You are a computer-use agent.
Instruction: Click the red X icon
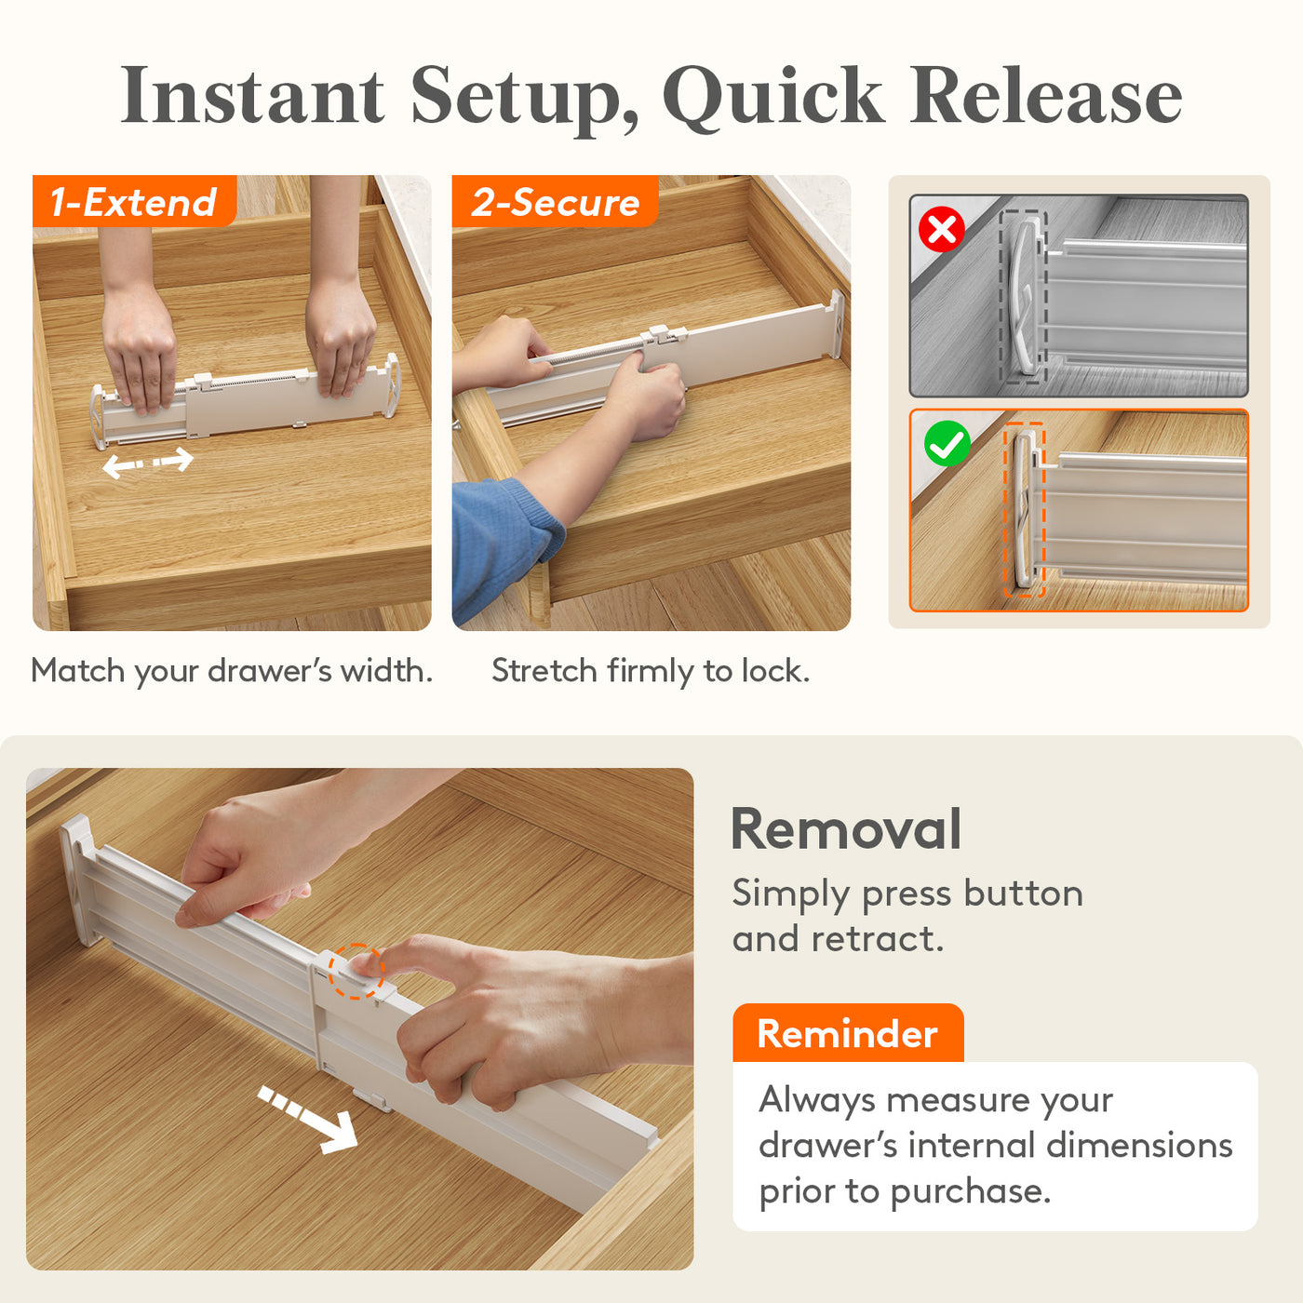[941, 229]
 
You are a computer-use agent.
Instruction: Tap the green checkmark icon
[947, 444]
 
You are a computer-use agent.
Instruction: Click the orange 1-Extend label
[135, 201]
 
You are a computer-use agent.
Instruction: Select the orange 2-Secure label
[555, 201]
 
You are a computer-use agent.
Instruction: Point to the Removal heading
[846, 829]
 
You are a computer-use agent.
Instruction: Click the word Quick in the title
[772, 97]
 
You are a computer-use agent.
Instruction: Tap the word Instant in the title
[252, 95]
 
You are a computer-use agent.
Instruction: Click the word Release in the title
[1046, 95]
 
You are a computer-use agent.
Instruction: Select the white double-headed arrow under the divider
[148, 463]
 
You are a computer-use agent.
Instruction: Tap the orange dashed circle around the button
[356, 971]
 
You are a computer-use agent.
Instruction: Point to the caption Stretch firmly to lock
[651, 671]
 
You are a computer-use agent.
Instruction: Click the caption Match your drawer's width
[232, 671]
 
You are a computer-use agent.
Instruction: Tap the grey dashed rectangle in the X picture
[1023, 297]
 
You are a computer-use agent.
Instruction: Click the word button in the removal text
[1024, 893]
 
